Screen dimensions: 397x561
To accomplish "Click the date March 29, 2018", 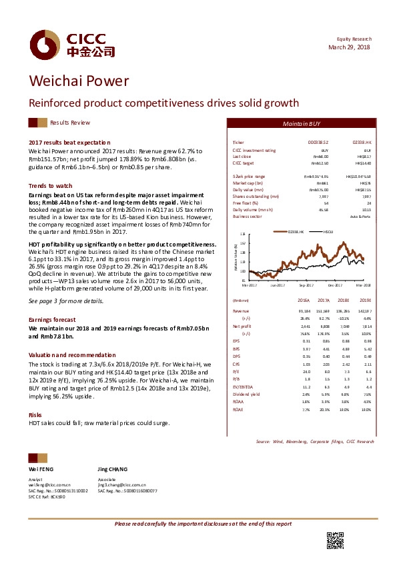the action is pos(350,47).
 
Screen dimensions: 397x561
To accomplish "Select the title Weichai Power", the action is pos(78,81).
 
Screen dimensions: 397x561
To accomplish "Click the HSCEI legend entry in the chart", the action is pos(328,231).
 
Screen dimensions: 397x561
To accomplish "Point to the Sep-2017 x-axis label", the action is pos(306,284).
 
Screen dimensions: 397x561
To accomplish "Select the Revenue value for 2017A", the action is pos(324,310).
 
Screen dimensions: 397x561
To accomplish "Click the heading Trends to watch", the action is pos(51,185).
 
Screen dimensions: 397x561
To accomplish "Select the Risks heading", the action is pos(35,414).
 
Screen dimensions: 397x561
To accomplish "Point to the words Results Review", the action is pos(70,123).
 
